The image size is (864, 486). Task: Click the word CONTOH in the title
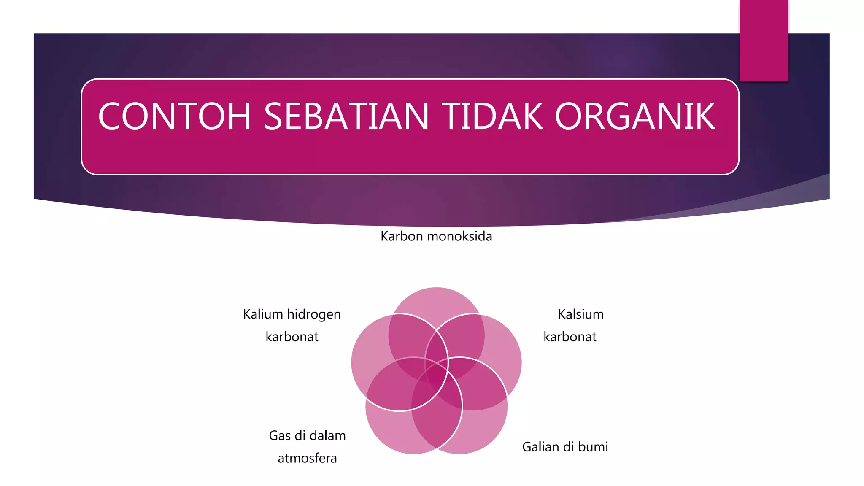(x=175, y=116)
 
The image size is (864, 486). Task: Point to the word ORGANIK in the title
(x=635, y=116)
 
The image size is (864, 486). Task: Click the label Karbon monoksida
(x=436, y=236)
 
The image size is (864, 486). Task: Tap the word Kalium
(x=263, y=314)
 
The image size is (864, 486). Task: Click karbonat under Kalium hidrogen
(x=292, y=337)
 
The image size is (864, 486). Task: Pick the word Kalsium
(x=580, y=314)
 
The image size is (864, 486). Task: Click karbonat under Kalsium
(x=570, y=337)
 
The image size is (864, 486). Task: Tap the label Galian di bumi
(x=565, y=447)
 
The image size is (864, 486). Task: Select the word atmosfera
(x=307, y=458)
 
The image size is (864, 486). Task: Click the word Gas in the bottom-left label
(x=280, y=435)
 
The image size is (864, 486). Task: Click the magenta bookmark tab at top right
(x=764, y=40)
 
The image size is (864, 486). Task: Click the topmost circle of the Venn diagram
(x=437, y=302)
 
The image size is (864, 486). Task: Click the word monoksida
(x=460, y=236)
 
